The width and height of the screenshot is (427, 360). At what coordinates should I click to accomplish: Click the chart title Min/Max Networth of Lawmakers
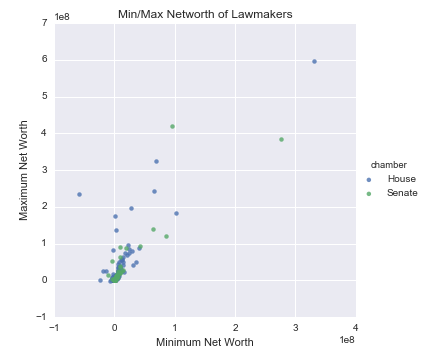205,12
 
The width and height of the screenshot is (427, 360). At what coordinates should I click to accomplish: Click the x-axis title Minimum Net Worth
204,343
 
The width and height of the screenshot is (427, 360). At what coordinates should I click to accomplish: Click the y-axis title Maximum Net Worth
23,171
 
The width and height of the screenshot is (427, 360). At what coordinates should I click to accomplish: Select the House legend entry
394,178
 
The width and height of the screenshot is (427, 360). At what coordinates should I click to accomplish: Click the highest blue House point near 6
314,62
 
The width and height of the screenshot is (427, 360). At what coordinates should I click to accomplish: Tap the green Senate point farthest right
281,139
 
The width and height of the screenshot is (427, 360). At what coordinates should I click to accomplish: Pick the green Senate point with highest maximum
172,126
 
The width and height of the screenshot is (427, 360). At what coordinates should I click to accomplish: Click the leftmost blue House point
79,194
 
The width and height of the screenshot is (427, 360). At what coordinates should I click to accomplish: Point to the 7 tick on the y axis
45,23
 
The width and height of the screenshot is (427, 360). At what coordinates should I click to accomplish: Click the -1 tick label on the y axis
42,317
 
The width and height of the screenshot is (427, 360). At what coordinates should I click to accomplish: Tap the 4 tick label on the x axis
356,326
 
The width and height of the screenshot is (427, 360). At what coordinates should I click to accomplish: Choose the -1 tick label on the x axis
53,326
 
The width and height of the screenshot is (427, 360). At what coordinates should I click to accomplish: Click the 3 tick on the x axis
296,326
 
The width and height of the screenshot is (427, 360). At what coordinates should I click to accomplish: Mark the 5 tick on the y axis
45,97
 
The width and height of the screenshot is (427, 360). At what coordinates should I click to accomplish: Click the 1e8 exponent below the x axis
347,340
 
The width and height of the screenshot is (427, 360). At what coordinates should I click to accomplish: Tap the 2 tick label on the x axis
235,326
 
